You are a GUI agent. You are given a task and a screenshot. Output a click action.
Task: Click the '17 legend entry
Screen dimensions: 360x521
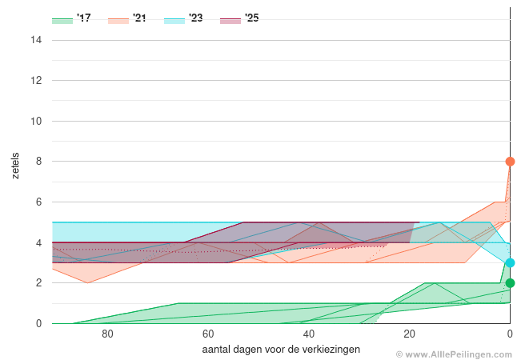pos(71,18)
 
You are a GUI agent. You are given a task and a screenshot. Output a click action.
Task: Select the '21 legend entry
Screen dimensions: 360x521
pos(127,18)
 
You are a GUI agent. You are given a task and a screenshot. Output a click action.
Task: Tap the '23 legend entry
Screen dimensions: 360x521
pos(183,18)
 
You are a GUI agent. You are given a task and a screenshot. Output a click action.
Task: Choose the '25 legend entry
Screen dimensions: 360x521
pos(239,18)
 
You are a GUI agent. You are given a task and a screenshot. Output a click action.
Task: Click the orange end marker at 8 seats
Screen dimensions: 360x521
pos(510,162)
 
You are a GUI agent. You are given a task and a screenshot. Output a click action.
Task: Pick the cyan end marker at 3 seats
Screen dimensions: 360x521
pos(510,263)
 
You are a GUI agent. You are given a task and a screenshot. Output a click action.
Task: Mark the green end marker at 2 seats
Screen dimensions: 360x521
pos(510,283)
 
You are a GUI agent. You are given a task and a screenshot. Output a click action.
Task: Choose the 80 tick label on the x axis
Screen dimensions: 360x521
pos(107,335)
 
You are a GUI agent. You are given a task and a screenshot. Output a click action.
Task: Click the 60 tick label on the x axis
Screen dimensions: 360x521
pos(207,335)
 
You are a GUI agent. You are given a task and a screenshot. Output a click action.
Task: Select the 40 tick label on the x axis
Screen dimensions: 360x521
pos(308,335)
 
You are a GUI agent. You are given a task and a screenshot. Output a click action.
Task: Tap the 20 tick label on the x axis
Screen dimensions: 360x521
pos(409,335)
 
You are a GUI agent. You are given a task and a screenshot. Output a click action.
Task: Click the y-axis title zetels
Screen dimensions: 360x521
pos(17,164)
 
